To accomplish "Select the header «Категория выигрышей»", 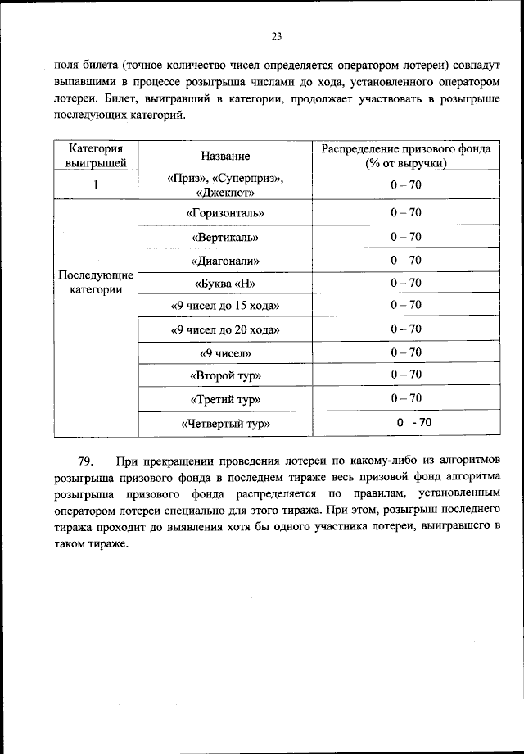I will tap(96, 156).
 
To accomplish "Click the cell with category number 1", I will tap(96, 185).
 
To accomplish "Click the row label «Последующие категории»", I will tap(96, 282).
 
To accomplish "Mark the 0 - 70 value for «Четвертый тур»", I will tap(413, 423).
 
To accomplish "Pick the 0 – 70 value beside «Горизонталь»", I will tap(405, 212).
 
